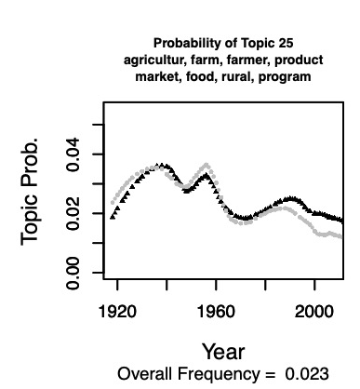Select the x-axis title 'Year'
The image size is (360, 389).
[223, 352]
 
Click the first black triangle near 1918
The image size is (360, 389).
[113, 216]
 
